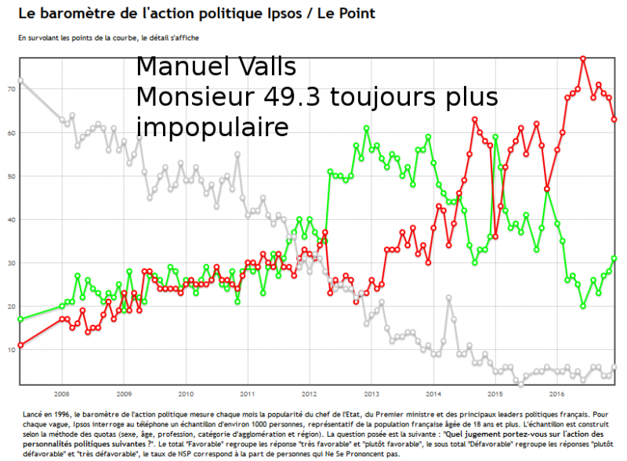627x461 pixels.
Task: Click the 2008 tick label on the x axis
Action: [62, 393]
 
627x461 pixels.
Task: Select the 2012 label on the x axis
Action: [308, 393]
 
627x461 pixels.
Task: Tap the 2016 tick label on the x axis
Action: [557, 393]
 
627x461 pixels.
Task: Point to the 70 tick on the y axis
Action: [12, 89]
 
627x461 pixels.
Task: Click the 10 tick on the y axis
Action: [12, 350]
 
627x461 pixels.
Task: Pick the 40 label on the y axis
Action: [12, 220]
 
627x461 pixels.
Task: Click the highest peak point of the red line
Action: [583, 59]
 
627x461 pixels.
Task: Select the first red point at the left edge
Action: [20, 345]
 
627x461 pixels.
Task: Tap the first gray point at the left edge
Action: [20, 81]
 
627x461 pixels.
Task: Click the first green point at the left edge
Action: [20, 319]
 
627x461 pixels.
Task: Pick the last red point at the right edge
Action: [614, 119]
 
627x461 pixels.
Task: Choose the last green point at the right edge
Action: [614, 258]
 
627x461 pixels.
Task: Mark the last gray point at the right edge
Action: [614, 367]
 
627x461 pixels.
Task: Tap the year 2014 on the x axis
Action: [433, 393]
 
